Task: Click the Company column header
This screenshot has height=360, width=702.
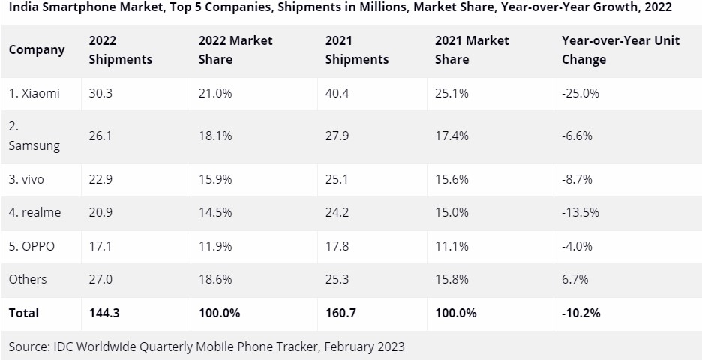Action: point(37,49)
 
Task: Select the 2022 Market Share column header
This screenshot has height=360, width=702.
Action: point(235,49)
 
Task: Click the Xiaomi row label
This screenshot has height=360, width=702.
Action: point(34,94)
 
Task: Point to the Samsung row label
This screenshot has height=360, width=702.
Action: point(34,136)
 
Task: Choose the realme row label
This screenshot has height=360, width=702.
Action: point(34,212)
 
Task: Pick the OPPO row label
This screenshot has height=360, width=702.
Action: point(31,246)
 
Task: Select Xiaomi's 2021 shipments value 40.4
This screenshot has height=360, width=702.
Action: point(337,94)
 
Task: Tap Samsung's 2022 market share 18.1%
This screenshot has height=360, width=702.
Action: point(215,136)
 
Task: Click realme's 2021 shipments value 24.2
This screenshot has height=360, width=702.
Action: point(337,212)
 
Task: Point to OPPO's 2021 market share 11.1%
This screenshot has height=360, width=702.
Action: point(452,246)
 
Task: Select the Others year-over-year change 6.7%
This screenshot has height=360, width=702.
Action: point(575,279)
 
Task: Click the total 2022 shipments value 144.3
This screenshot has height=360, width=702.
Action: point(104,313)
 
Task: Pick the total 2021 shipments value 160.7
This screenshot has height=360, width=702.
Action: point(341,313)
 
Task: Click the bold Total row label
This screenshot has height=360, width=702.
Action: point(24,313)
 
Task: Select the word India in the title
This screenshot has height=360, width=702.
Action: point(23,7)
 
